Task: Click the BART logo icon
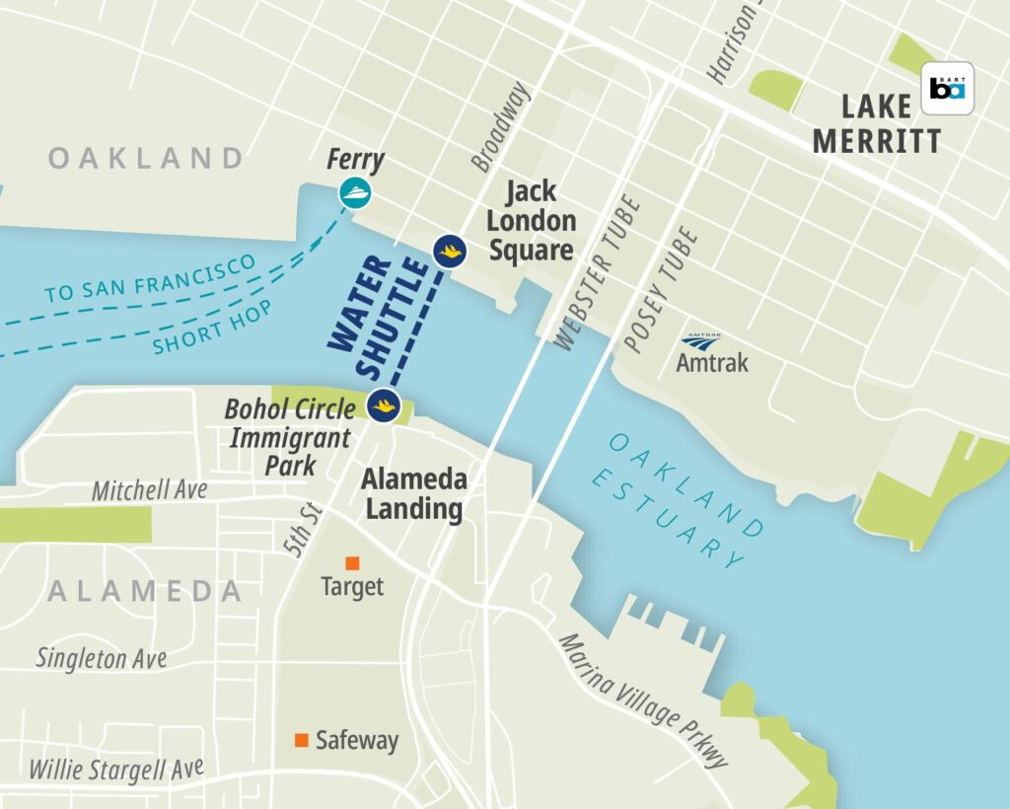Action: (947, 89)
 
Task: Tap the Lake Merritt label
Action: (876, 124)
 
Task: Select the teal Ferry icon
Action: (356, 192)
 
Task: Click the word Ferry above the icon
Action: (356, 161)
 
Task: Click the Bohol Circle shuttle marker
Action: (384, 404)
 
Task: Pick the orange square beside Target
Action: (352, 562)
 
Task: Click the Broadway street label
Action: (500, 126)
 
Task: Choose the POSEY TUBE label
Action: (661, 289)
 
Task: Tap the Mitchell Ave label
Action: (150, 490)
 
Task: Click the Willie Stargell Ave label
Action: (116, 769)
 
